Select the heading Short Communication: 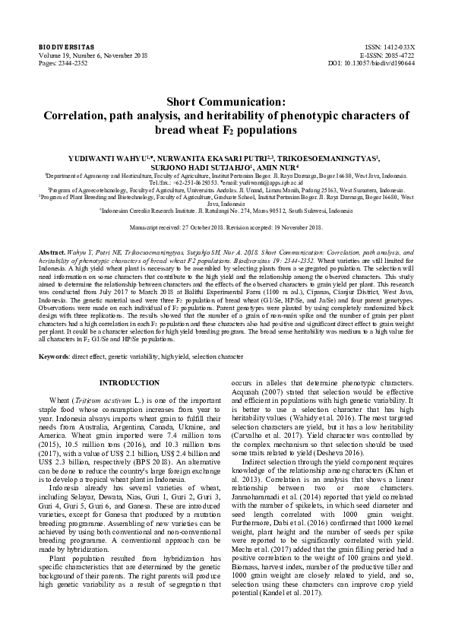(226, 101)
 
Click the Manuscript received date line (226, 227)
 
